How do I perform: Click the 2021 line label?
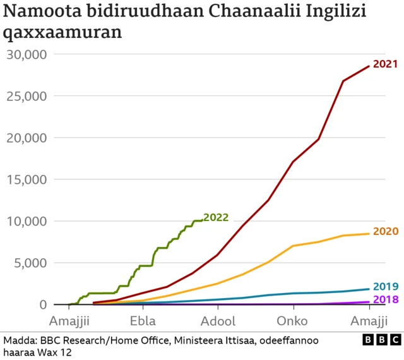pyautogui.click(x=385, y=64)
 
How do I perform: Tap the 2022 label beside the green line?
pyautogui.click(x=216, y=218)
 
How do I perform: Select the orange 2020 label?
pyautogui.click(x=386, y=231)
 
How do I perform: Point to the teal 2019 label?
pyautogui.click(x=386, y=286)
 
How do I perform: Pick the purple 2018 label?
pyautogui.click(x=386, y=299)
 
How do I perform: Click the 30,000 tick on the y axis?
pyautogui.click(x=27, y=54)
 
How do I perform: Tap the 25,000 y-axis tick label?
pyautogui.click(x=27, y=96)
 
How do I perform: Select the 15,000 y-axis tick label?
pyautogui.click(x=27, y=179)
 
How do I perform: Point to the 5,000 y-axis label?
pyautogui.click(x=30, y=263)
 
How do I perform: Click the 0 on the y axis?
pyautogui.click(x=43, y=304)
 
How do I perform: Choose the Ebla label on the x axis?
pyautogui.click(x=143, y=320)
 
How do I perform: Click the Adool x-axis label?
pyautogui.click(x=218, y=320)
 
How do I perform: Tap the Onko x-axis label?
pyautogui.click(x=292, y=320)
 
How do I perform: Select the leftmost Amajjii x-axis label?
pyautogui.click(x=69, y=320)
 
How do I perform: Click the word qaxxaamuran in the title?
pyautogui.click(x=62, y=32)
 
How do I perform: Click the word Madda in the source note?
pyautogui.click(x=20, y=340)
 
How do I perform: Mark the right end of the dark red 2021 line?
pyautogui.click(x=369, y=66)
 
